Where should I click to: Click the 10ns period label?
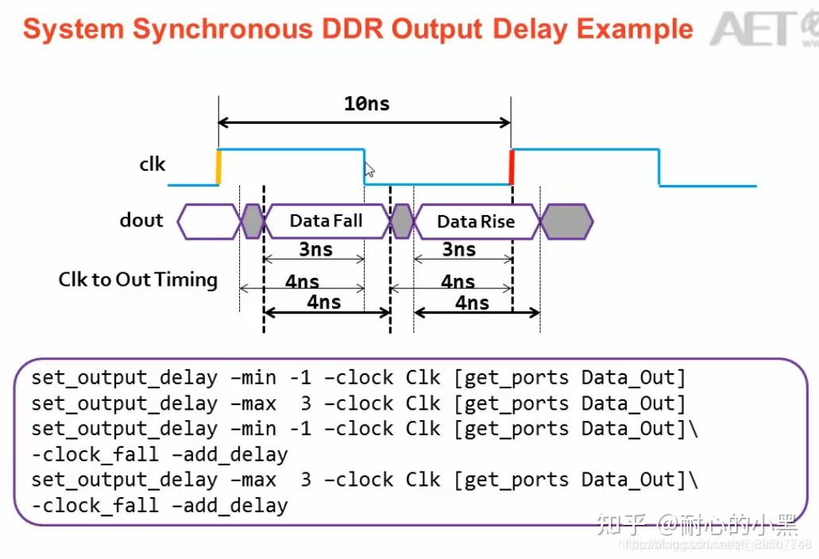(366, 104)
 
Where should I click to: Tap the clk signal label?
(152, 164)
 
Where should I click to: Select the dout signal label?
(141, 220)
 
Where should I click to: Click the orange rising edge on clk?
(218, 167)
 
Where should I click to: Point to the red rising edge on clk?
(512, 167)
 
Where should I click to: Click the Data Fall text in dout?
(326, 221)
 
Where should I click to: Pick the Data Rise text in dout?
(476, 222)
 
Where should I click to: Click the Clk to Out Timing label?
(137, 279)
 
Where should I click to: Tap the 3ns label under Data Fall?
(315, 249)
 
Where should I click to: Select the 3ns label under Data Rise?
(458, 249)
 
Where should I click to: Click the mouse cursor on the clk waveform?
(369, 170)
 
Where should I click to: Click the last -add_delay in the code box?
(235, 505)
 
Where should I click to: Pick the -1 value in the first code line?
(299, 377)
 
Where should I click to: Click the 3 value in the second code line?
(306, 403)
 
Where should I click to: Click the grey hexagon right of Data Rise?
(566, 221)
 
